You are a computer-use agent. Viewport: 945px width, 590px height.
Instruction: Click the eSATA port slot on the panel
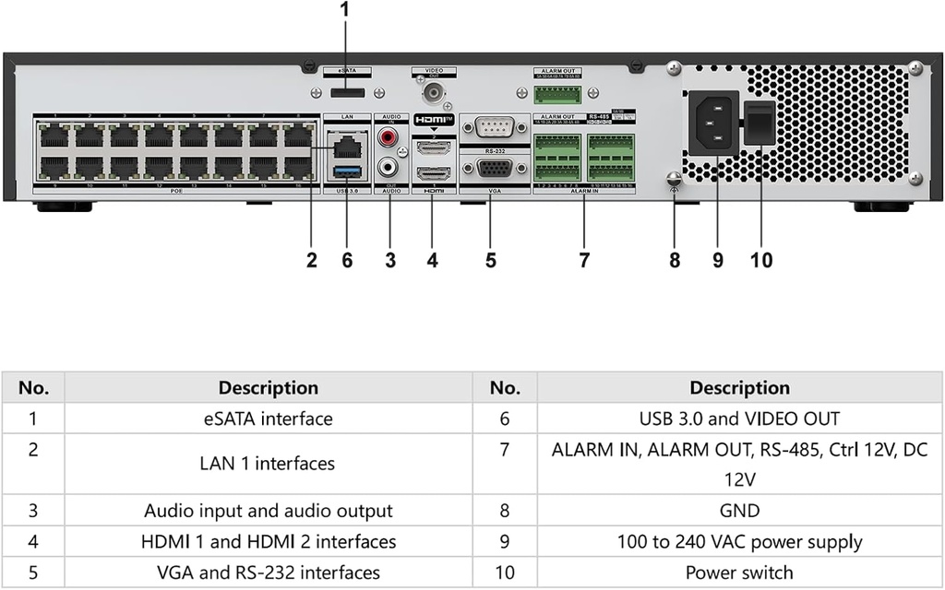coord(347,93)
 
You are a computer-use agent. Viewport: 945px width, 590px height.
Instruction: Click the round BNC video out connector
coord(433,92)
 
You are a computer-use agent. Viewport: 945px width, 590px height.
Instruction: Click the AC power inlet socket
coord(713,122)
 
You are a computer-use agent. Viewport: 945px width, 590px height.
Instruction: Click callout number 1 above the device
coord(346,10)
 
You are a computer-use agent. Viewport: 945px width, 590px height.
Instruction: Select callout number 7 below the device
coord(584,261)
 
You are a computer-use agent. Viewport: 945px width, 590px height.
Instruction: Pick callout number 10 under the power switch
coord(761,261)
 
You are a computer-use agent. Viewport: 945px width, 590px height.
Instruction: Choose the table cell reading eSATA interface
coord(268,419)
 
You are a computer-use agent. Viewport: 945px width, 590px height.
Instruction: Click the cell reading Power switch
coord(738,572)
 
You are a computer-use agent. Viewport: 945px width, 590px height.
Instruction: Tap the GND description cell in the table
coord(738,511)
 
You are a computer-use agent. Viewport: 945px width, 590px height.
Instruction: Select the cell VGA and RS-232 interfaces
coord(268,572)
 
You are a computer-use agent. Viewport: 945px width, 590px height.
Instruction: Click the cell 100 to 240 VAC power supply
coord(738,541)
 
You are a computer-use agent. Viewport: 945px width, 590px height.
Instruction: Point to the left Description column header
coord(268,387)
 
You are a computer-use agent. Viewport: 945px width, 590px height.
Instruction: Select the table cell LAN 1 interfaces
coord(268,464)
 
